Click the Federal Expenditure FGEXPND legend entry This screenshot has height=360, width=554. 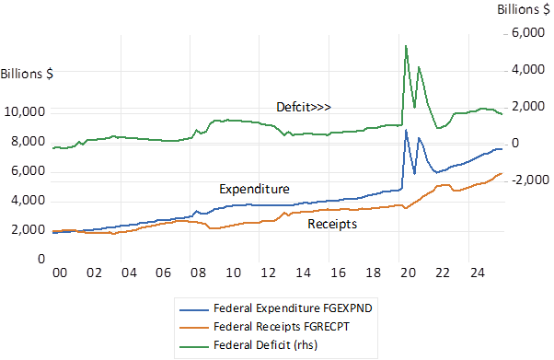(x=276, y=308)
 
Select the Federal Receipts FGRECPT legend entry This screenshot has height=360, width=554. (x=265, y=327)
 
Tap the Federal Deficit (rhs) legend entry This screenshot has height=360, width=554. (x=248, y=344)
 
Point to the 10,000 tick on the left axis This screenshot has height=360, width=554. (x=25, y=111)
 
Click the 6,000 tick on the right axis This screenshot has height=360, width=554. (x=528, y=32)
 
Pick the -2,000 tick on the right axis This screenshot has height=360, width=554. (x=530, y=180)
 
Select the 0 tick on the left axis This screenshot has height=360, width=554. (x=41, y=260)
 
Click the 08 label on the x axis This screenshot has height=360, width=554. (x=198, y=273)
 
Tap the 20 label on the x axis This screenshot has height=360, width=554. (x=408, y=273)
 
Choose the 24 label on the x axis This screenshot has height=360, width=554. (x=478, y=273)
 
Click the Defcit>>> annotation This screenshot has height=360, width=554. (x=304, y=107)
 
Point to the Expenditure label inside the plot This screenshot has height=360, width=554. (x=254, y=189)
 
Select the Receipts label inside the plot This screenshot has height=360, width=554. (x=332, y=224)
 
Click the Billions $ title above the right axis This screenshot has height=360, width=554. (x=524, y=9)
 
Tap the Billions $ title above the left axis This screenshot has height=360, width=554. (x=27, y=74)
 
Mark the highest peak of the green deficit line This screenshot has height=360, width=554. (x=406, y=46)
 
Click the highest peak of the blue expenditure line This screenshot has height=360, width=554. (x=406, y=130)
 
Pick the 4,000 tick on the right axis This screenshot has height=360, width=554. (x=528, y=69)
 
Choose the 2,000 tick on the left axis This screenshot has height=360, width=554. (x=29, y=230)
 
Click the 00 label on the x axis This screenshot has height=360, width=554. (x=59, y=273)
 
